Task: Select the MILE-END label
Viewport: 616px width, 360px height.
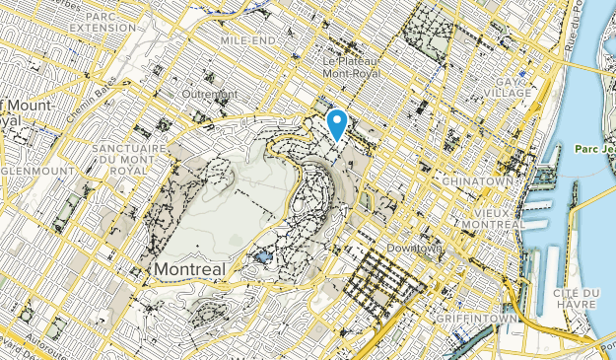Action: (245, 42)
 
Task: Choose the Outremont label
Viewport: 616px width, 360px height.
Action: (208, 95)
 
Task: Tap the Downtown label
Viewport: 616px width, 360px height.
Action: (413, 248)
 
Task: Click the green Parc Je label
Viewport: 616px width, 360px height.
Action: (591, 149)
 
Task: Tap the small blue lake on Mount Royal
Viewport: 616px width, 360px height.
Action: (262, 256)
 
